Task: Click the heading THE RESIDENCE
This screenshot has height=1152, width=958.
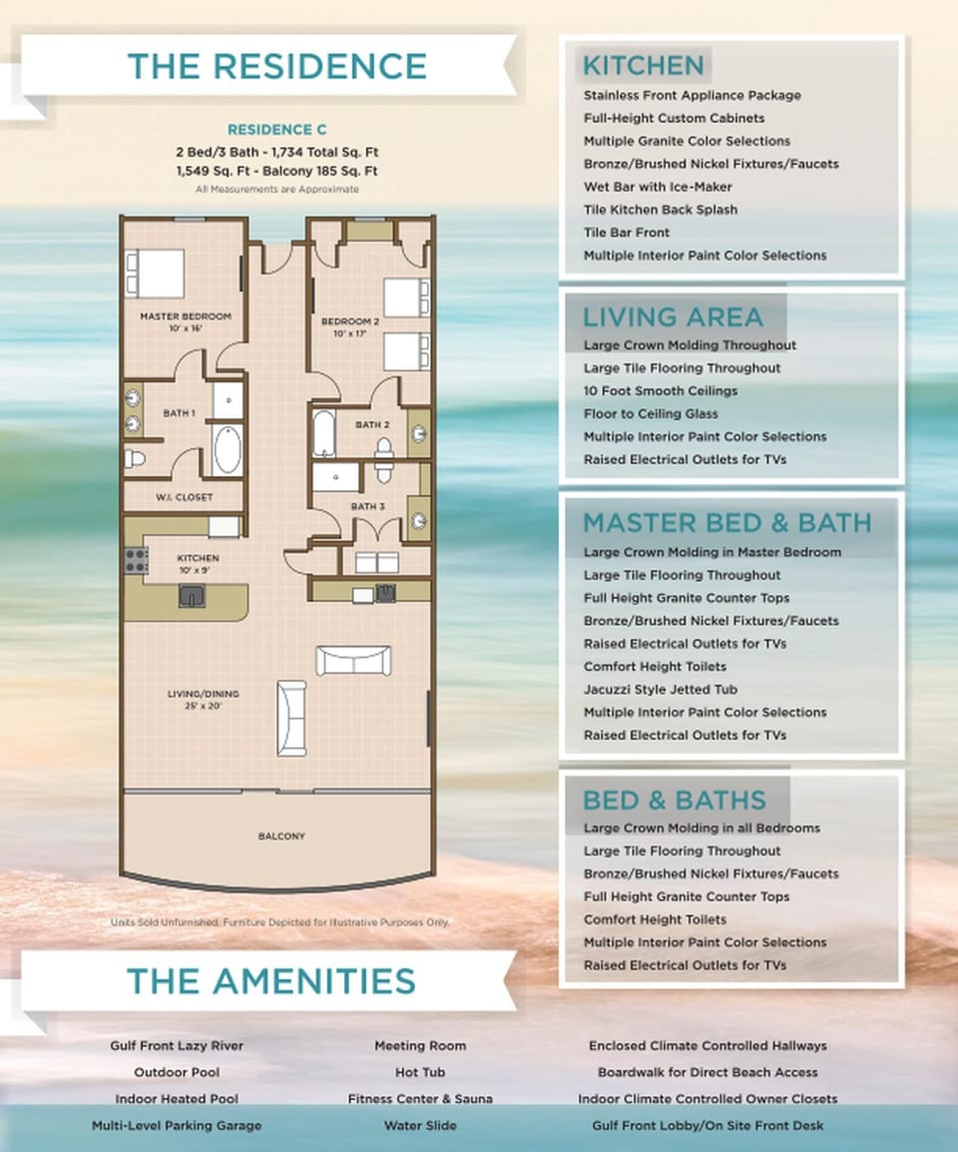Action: coord(276,66)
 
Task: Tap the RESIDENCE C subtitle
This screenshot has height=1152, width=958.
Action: coord(276,130)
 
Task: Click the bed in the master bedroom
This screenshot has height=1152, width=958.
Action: coord(155,273)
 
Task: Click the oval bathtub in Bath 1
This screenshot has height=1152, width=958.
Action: coord(227,449)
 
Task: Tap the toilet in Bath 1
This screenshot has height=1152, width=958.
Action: coord(136,458)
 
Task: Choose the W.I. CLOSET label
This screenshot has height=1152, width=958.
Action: coord(185,497)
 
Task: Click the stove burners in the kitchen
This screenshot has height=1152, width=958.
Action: coord(134,559)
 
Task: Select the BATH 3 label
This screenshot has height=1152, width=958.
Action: coord(367,507)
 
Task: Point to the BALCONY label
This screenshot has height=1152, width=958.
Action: coord(281,836)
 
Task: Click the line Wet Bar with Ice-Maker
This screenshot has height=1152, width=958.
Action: coord(657,187)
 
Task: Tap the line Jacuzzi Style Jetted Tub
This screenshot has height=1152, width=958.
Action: coord(661,689)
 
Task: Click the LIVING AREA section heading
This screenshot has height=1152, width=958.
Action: coord(672,317)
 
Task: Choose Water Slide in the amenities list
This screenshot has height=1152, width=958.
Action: coord(419,1125)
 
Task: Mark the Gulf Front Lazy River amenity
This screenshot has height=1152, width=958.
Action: coord(177,1046)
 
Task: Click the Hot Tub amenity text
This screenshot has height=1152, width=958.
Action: coord(419,1072)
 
